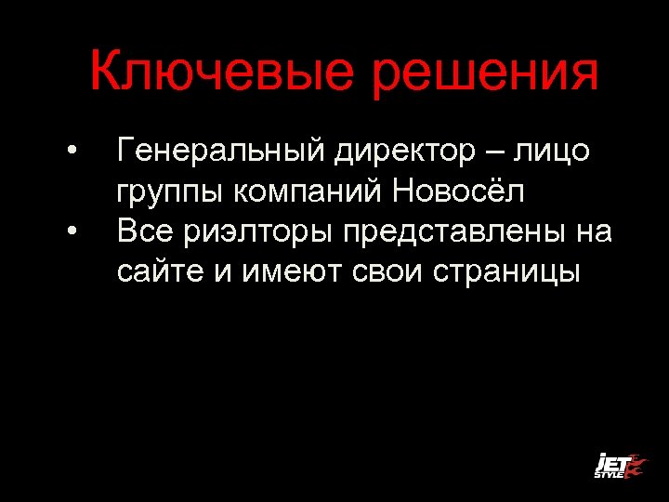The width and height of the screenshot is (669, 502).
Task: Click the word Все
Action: (145, 231)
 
